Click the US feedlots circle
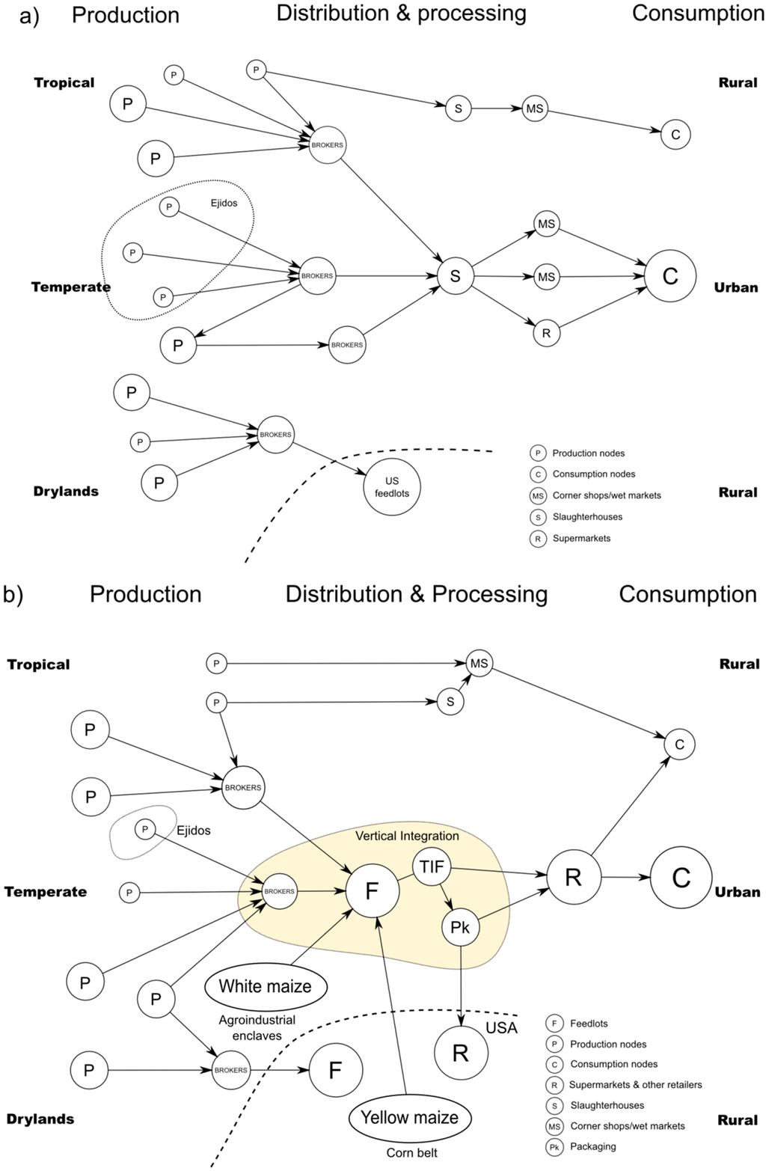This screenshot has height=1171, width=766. (392, 487)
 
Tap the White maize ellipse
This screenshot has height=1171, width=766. (265, 986)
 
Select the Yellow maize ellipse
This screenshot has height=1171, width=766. (409, 1118)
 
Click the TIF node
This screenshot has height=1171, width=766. (432, 868)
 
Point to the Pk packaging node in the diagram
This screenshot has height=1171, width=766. (460, 928)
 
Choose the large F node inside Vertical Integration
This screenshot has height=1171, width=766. (372, 891)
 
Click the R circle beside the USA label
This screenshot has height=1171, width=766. (461, 1053)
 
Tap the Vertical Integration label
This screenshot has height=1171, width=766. (407, 836)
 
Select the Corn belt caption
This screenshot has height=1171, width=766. (411, 1153)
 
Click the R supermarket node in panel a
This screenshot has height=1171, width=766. (546, 333)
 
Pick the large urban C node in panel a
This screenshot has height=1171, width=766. (670, 276)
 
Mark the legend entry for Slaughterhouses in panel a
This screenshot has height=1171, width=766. (587, 517)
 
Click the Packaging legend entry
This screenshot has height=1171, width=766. (593, 1146)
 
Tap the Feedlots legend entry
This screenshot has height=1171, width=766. (589, 1024)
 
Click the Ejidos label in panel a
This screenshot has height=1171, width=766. (224, 203)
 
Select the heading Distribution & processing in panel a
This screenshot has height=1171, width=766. (402, 13)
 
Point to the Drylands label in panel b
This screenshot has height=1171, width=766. (40, 1119)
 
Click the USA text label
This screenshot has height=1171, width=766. (501, 1028)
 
